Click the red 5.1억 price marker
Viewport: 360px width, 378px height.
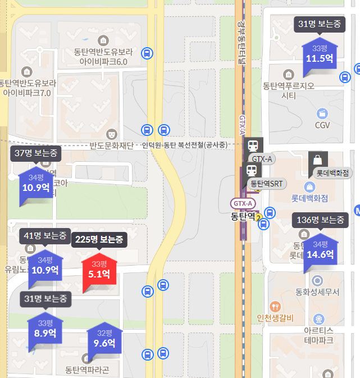[99, 271]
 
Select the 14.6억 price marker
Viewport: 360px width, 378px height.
[320, 250]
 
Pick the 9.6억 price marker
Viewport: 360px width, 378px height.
[104, 339]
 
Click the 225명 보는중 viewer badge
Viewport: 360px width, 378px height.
[99, 240]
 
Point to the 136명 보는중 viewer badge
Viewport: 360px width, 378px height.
[320, 221]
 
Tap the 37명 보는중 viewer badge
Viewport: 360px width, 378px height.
[36, 153]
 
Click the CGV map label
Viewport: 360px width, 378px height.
[322, 125]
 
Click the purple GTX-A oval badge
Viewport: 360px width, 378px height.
[244, 203]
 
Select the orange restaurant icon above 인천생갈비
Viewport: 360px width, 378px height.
[275, 307]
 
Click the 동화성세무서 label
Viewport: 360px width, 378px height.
[317, 293]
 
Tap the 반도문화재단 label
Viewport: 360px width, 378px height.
[111, 146]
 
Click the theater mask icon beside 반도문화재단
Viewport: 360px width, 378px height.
[112, 135]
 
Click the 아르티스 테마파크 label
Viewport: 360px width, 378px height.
[318, 335]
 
